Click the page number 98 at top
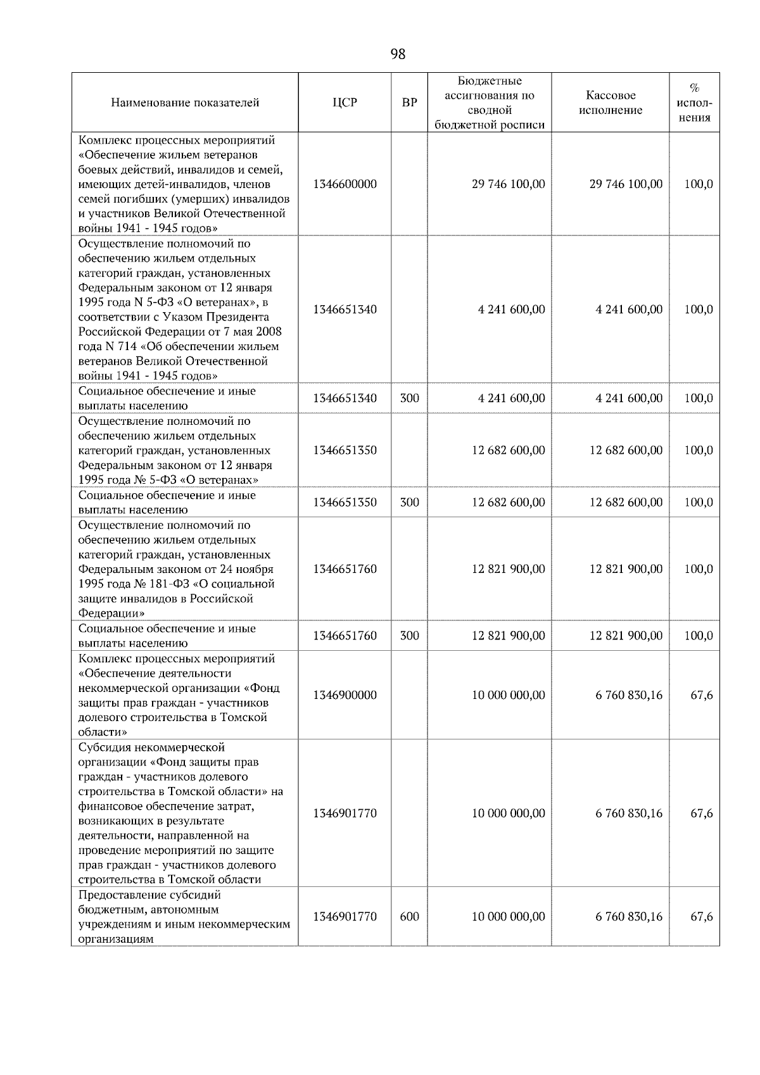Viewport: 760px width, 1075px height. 398,54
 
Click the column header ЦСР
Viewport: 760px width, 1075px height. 345,103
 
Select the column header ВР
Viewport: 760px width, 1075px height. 409,103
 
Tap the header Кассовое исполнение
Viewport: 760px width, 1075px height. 610,103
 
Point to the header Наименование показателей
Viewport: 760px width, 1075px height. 185,103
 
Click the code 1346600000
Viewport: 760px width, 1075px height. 345,184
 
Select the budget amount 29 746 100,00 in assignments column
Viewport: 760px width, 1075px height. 508,184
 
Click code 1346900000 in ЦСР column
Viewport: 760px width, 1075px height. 345,695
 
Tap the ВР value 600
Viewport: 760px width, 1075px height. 409,917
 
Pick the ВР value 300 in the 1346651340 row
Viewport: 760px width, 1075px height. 409,398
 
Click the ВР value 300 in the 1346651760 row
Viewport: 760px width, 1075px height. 409,636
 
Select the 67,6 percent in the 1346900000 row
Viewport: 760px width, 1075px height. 701,695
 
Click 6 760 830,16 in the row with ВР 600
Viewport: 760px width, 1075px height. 628,917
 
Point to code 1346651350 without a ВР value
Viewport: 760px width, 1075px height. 345,450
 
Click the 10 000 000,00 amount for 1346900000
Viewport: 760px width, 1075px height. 508,695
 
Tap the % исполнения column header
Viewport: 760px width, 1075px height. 694,103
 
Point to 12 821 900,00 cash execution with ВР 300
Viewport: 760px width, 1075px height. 626,636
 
